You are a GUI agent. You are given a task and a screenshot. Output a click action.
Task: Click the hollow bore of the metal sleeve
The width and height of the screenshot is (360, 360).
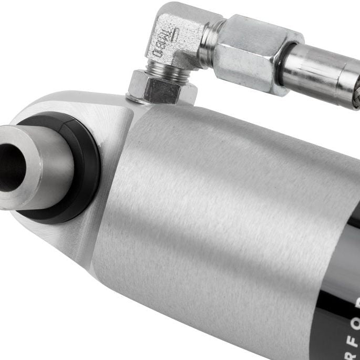pyautogui.click(x=9, y=168)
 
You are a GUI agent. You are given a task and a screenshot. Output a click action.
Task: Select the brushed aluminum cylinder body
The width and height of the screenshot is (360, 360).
pyautogui.click(x=210, y=200)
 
